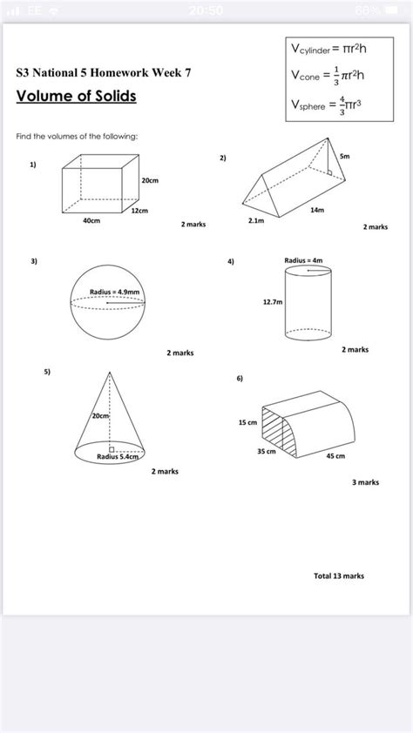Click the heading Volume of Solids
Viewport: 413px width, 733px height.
click(x=76, y=96)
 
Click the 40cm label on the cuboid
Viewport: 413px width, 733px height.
click(x=91, y=221)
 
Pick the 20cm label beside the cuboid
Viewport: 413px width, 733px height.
click(x=150, y=180)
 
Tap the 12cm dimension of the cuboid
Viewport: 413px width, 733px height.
click(x=140, y=211)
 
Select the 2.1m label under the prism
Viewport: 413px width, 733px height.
click(x=256, y=221)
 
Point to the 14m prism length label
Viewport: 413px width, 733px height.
click(x=317, y=211)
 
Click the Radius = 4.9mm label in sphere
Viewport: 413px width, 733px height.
click(x=114, y=293)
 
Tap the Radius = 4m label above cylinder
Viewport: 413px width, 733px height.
click(x=303, y=260)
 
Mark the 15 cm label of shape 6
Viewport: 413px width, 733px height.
click(x=247, y=422)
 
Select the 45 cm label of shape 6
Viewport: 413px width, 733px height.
click(x=335, y=455)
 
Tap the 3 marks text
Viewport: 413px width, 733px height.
click(x=365, y=481)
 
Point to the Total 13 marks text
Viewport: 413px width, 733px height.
click(x=339, y=575)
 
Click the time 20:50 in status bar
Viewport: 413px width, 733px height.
click(x=206, y=10)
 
